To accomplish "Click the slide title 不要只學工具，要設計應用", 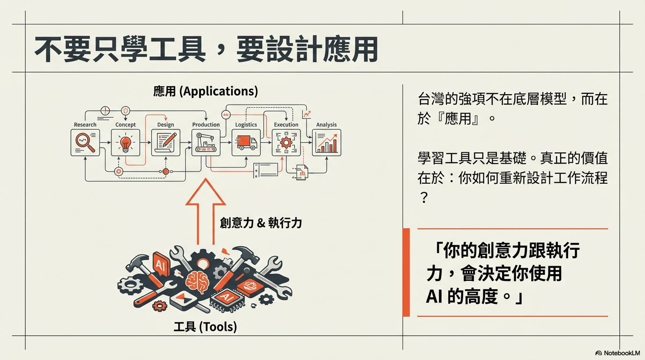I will coord(206,49).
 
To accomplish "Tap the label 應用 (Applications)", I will coord(205,91).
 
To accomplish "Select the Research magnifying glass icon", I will coord(85,142).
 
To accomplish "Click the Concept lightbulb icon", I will coord(125,142).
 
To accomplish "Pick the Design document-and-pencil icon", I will coord(165,142).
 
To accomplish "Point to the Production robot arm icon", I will coord(206,142).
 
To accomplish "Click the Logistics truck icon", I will coord(246,142).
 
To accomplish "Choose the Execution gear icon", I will coord(286,142).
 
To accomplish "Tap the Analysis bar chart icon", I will coord(326,142).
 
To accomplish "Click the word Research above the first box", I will coord(85,125).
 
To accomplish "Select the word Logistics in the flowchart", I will coord(246,125).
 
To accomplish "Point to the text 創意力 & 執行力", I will coord(261,223).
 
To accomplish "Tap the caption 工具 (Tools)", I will coord(205,326).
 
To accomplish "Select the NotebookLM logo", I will coord(617,353).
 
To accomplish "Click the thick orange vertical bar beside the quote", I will coord(406,272).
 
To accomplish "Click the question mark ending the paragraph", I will coord(423,199).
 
